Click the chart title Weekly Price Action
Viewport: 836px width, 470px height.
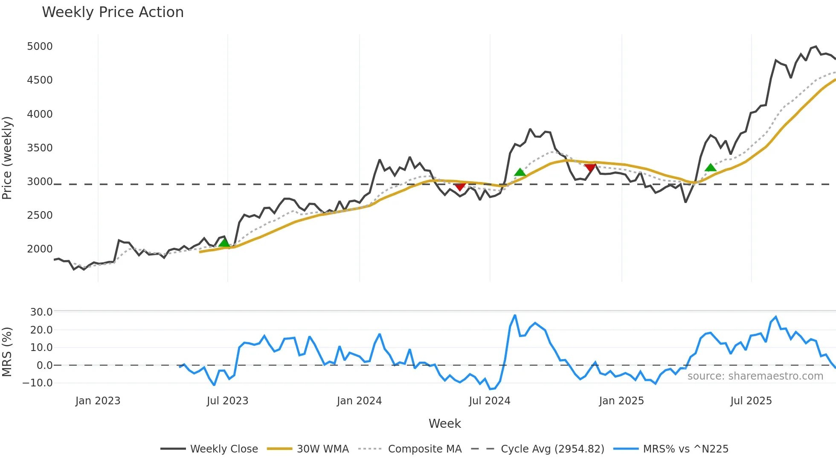tap(113, 12)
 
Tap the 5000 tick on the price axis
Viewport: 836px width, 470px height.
tap(40, 46)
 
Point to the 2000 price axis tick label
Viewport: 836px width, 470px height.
tap(40, 249)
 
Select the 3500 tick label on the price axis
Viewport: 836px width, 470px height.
tap(40, 148)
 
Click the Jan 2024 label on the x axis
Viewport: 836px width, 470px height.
tap(359, 401)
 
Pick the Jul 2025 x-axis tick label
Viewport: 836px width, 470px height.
tap(751, 401)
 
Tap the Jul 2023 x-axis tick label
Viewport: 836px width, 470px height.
tap(227, 401)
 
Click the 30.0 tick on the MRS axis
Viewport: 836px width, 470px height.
tap(41, 312)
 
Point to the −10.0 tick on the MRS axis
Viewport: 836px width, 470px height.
tap(38, 383)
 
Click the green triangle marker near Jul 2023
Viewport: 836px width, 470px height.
tap(224, 243)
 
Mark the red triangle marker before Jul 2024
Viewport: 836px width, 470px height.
tap(460, 187)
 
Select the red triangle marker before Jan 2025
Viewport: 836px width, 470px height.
tap(590, 168)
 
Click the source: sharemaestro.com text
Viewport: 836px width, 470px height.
tap(755, 376)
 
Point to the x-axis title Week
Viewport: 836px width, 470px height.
tap(444, 424)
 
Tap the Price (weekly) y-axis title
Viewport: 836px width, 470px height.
tap(7, 158)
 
